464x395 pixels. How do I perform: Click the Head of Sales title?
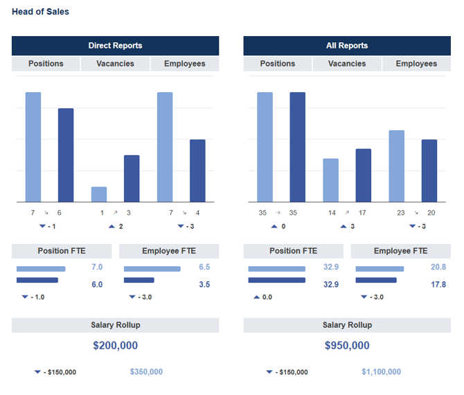40,12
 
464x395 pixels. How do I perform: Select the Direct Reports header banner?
115,46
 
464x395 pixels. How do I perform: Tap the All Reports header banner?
347,46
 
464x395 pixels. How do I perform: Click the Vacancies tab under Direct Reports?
115,64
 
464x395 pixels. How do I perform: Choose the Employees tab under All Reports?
416,64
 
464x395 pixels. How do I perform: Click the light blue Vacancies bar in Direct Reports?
99,194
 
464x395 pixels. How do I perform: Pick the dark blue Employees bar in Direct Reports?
197,170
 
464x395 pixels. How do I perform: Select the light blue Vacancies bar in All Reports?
331,180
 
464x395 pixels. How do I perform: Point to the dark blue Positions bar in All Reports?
297,147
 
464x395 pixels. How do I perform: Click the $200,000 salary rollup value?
115,345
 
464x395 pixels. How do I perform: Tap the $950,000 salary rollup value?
347,345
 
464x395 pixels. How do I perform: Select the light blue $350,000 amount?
146,372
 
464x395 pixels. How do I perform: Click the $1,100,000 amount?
381,372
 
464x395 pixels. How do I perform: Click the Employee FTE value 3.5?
204,284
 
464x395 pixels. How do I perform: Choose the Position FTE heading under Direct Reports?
62,251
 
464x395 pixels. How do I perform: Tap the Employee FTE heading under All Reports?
400,251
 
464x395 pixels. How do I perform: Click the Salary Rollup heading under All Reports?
347,325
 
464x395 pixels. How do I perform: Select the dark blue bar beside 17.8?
375,281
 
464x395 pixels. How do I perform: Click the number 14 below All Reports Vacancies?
331,213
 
